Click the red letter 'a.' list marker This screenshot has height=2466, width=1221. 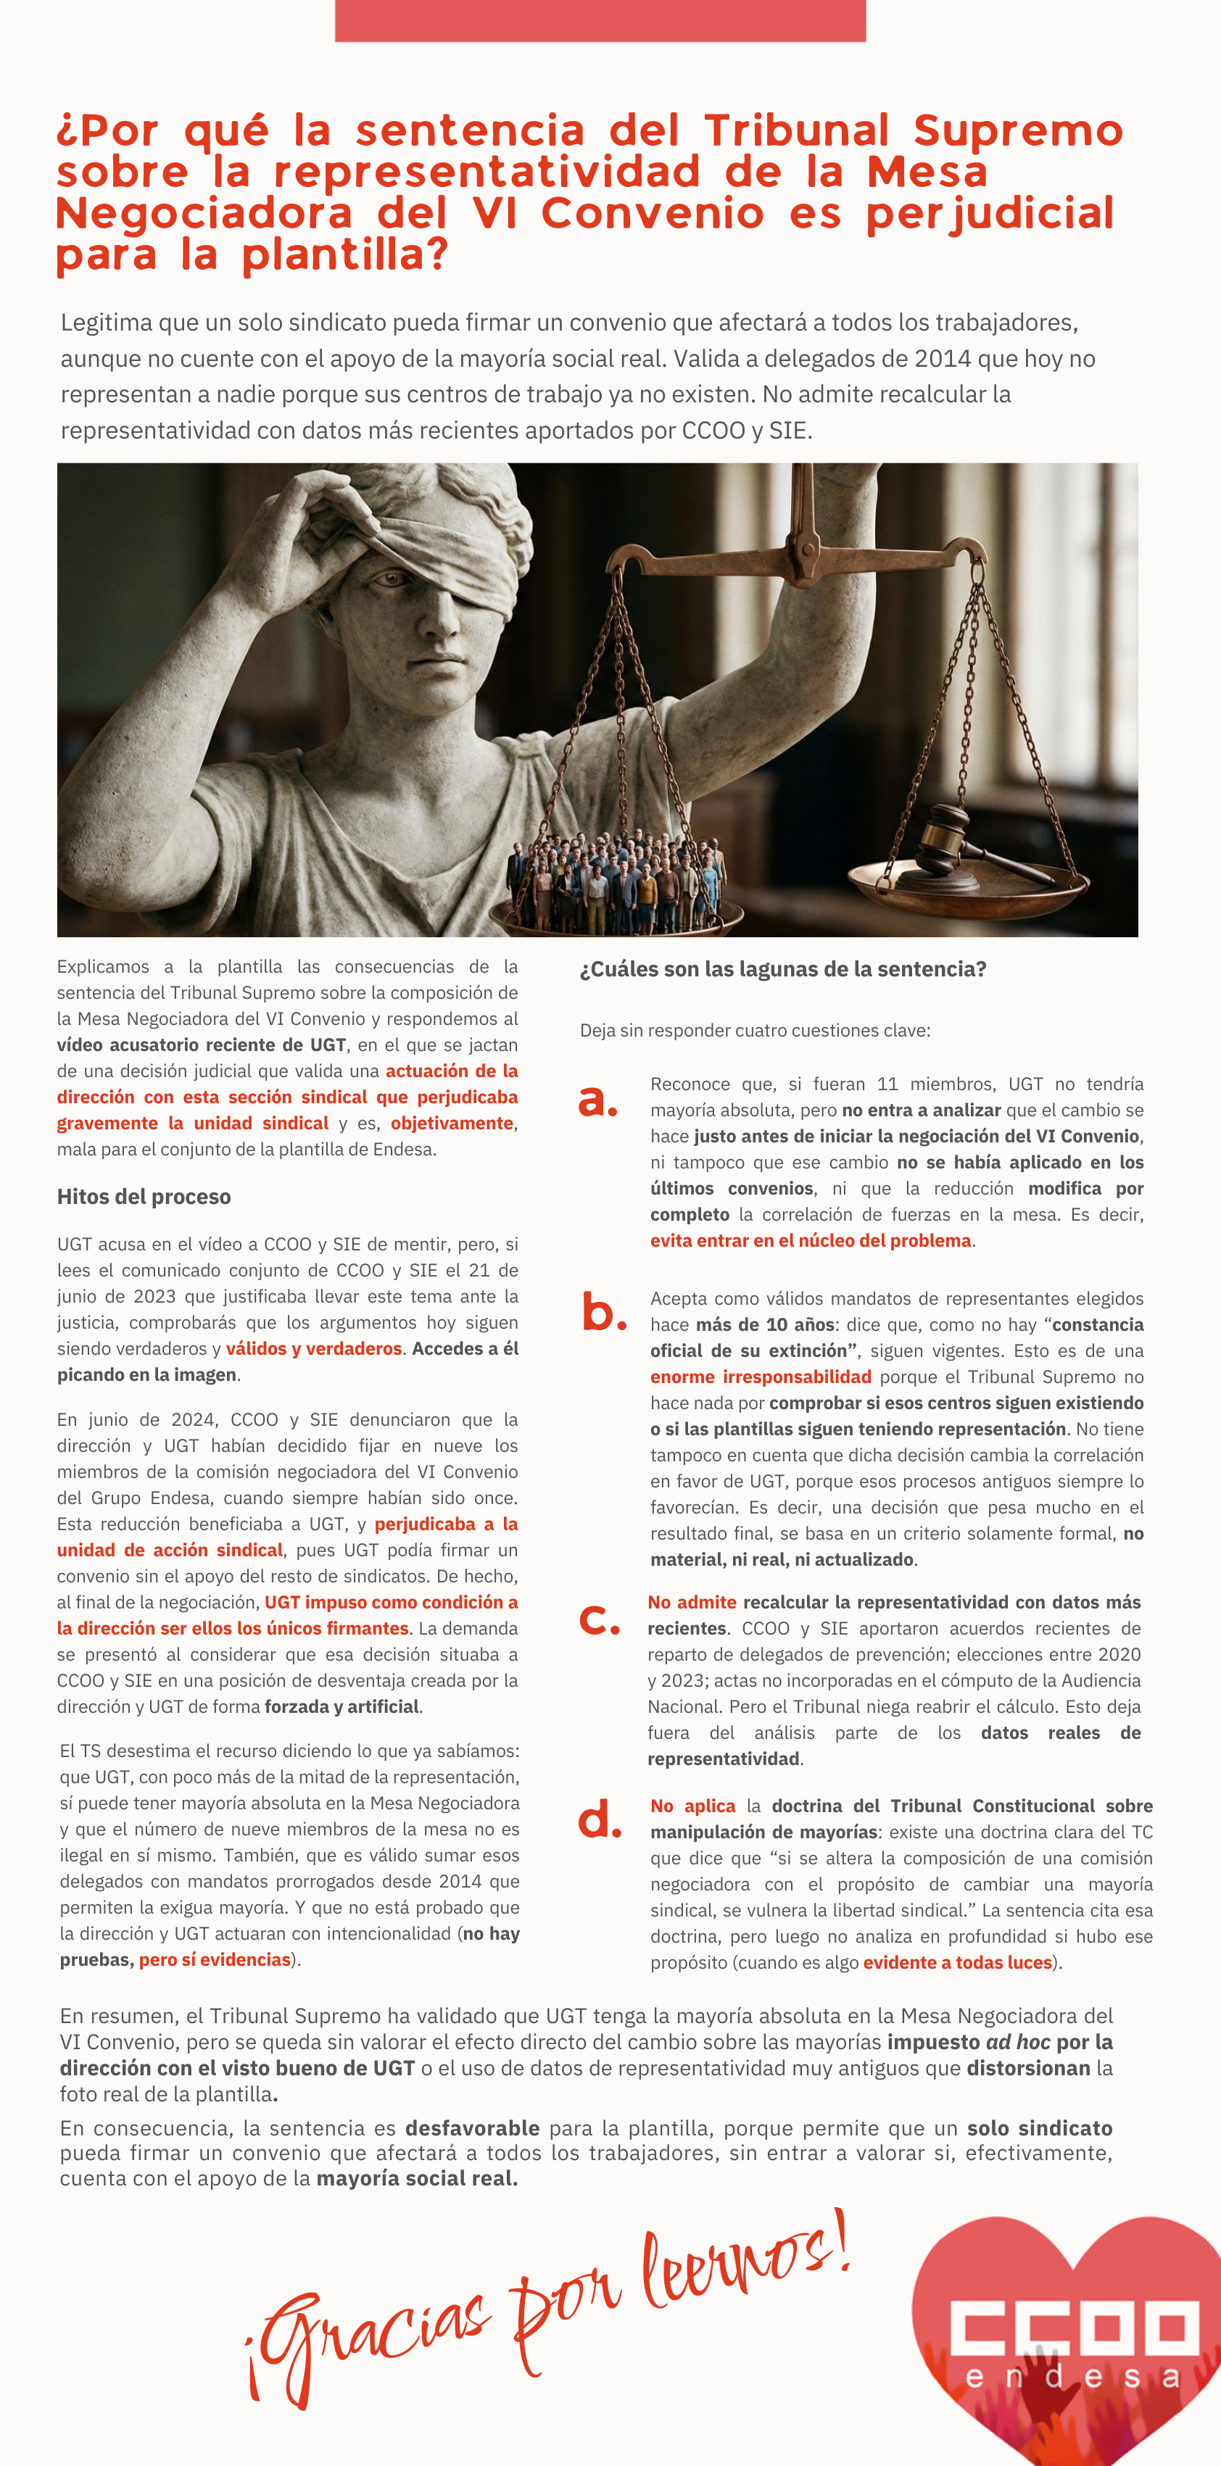(x=597, y=1101)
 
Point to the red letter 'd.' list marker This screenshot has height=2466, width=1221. (x=600, y=1819)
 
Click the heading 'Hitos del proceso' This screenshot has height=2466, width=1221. (x=144, y=1197)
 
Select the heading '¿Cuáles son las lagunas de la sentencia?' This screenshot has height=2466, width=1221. (x=782, y=968)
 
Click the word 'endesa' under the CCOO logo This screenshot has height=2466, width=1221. (x=1072, y=2378)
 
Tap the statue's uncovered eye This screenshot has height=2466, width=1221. (x=390, y=578)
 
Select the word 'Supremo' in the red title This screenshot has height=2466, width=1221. (x=1017, y=130)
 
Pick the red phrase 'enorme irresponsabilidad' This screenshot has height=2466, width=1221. (x=761, y=1377)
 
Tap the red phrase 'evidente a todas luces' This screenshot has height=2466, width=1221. (x=958, y=1962)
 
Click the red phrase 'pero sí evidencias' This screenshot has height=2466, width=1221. (x=215, y=1959)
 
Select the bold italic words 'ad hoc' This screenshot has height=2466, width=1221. (x=1017, y=2042)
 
